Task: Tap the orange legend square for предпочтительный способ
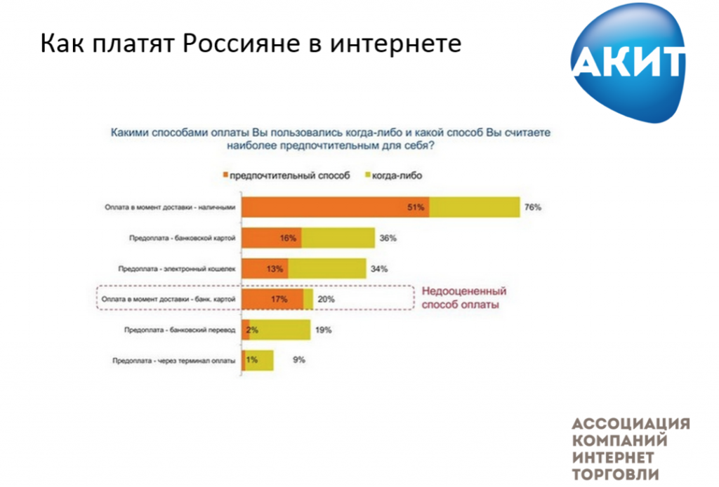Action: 224,175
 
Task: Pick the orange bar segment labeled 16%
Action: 271,238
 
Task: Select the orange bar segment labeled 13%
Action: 265,269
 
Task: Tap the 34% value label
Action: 379,269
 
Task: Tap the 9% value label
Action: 299,360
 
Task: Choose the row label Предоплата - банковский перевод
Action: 180,330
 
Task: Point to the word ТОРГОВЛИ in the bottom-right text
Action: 616,474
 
